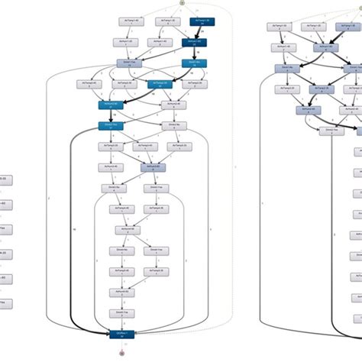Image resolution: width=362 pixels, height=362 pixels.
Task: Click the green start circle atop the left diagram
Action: (x=181, y=2)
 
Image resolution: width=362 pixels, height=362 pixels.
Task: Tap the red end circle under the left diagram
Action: (x=121, y=354)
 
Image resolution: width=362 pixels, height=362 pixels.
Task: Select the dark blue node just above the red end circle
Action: (x=121, y=334)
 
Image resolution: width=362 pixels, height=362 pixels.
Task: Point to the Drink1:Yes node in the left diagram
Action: (x=128, y=64)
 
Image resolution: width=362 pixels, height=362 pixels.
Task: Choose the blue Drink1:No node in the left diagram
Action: (x=194, y=64)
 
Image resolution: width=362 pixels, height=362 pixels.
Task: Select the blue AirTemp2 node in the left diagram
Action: (x=159, y=84)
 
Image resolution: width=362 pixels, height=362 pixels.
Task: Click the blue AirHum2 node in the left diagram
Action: (x=111, y=104)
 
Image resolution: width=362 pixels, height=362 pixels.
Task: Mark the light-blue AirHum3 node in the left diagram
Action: (x=151, y=166)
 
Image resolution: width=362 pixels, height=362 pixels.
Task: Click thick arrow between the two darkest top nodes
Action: (x=197, y=33)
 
